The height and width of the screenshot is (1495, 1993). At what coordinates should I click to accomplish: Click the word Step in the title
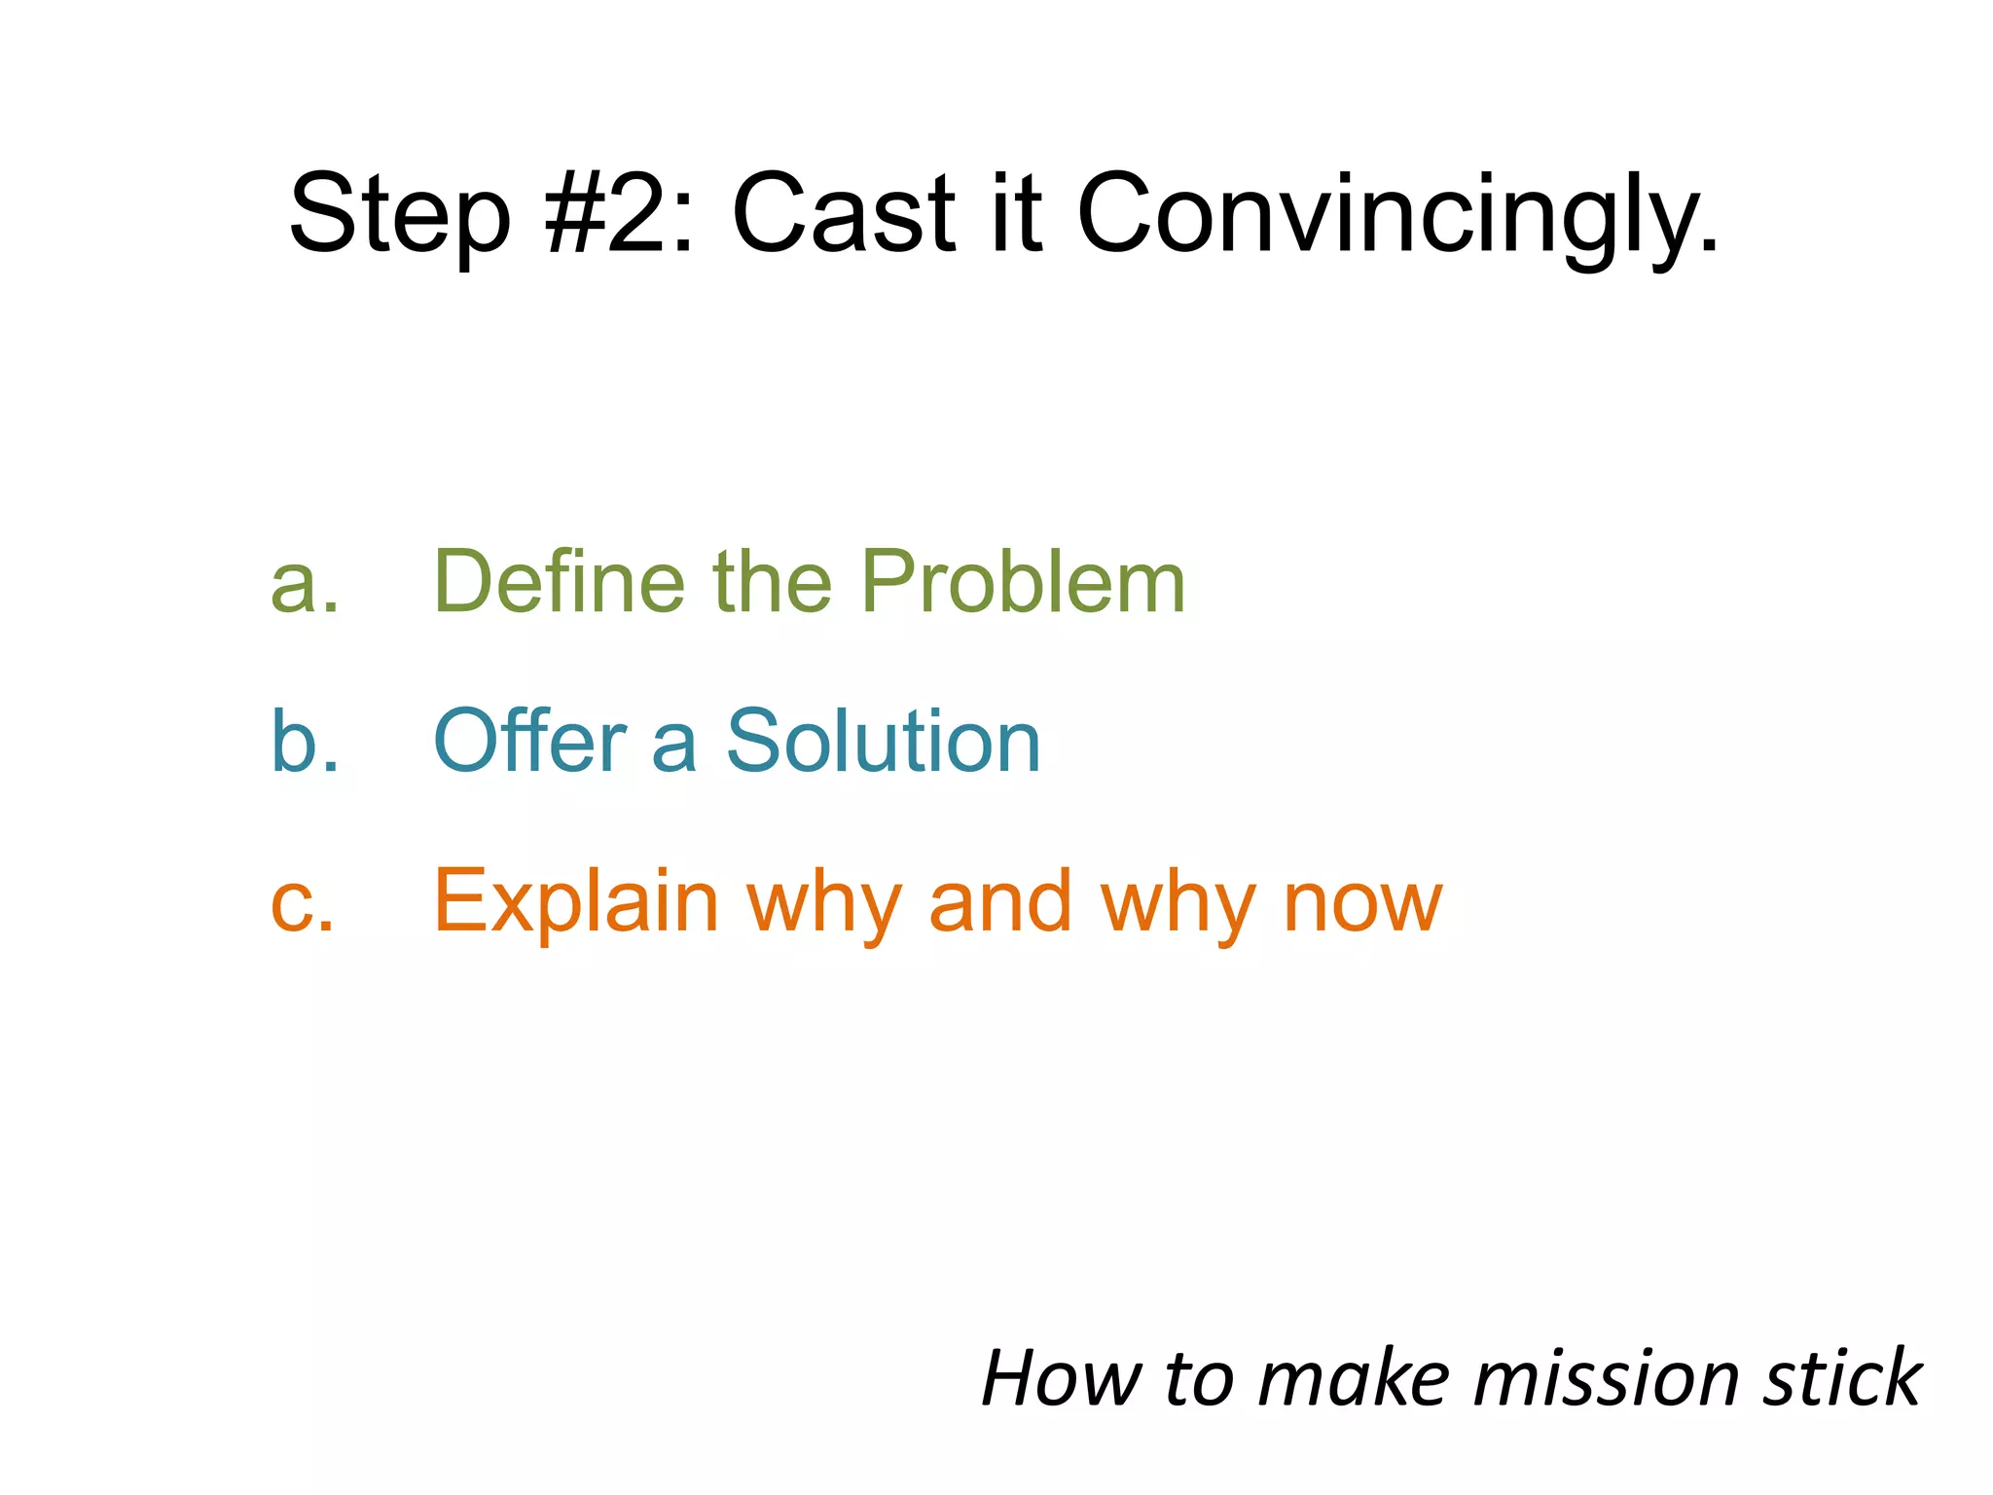coord(399,216)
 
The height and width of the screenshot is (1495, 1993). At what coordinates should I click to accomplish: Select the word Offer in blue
coord(530,742)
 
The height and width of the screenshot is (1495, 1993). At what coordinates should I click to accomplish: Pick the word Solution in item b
coord(884,742)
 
